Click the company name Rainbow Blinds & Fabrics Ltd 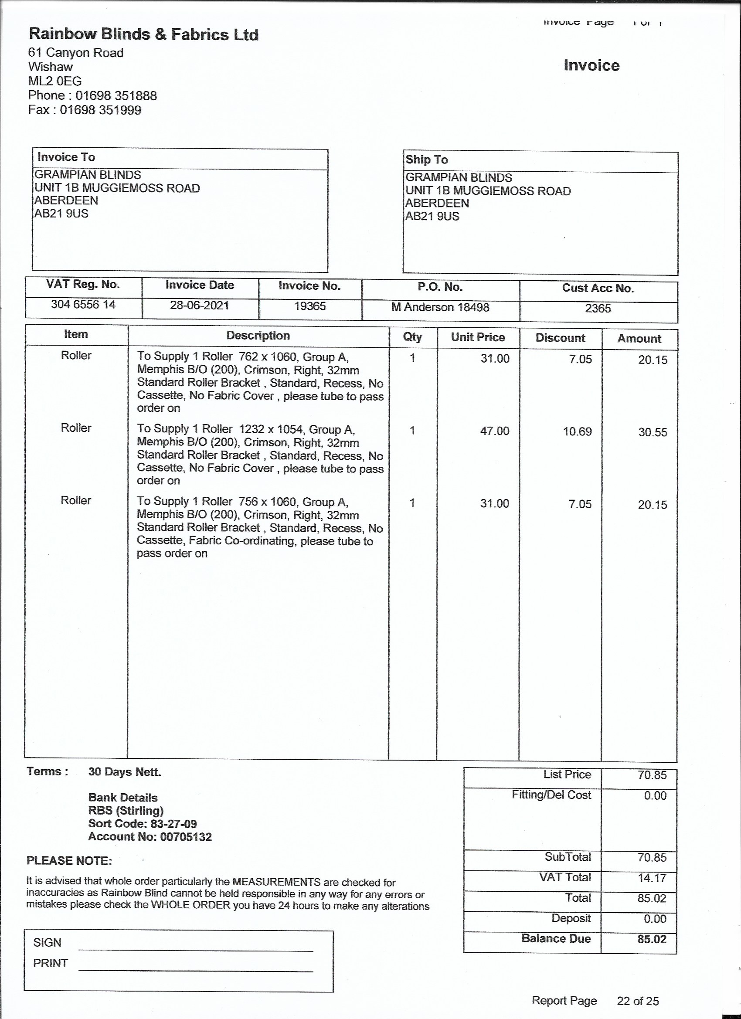(143, 34)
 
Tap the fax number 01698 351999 (100, 110)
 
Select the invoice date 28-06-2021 (200, 306)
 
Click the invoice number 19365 (309, 306)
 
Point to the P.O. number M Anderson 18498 (440, 307)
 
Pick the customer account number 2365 (598, 309)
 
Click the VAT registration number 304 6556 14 (83, 305)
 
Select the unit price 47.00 (494, 431)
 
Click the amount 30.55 (653, 433)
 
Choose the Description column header (258, 336)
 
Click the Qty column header (412, 337)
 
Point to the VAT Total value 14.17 (652, 878)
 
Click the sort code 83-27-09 (172, 824)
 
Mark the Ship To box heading (426, 160)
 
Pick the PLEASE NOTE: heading (69, 861)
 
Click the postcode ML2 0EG (55, 82)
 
